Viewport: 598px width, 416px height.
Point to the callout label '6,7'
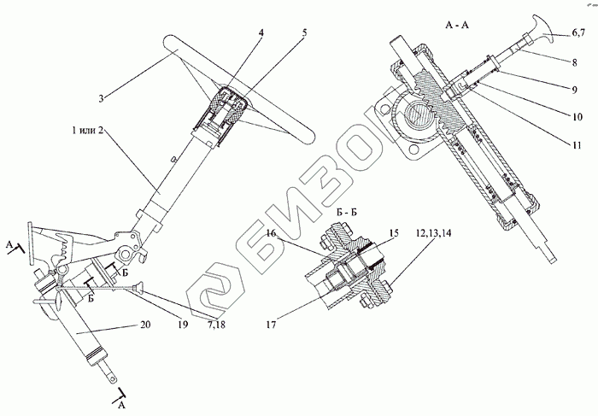click(x=578, y=33)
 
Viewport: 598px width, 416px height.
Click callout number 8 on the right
click(x=570, y=62)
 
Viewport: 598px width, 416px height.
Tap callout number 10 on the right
click(x=571, y=112)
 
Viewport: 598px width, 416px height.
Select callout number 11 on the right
click(x=571, y=144)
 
